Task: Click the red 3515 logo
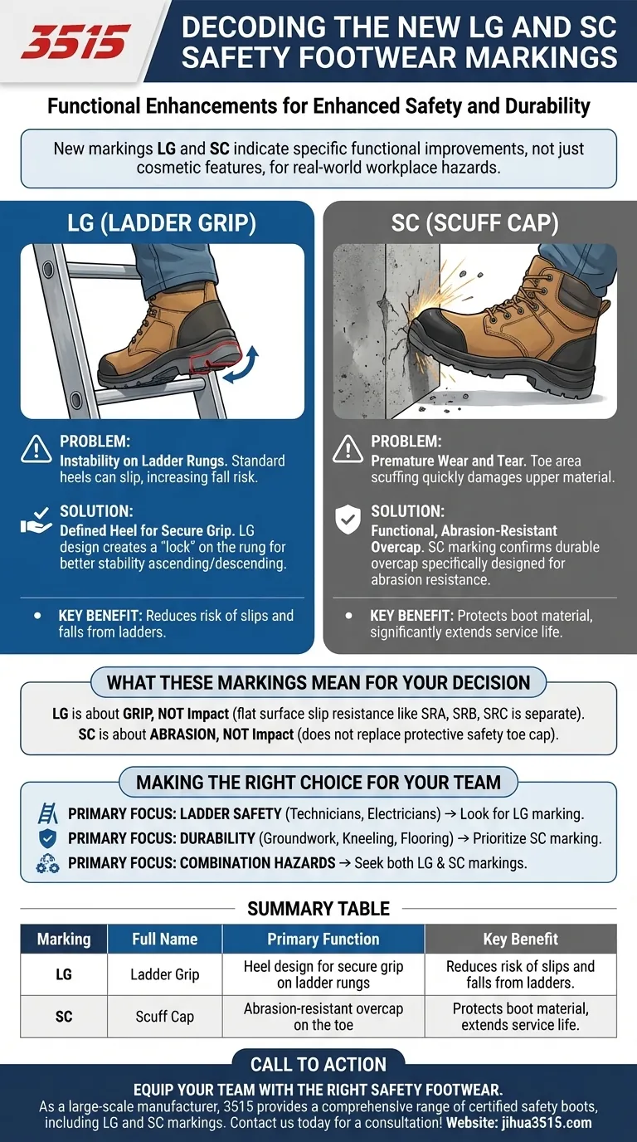pos(75,41)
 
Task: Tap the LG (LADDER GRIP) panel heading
pos(162,223)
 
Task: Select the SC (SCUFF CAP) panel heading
pos(475,223)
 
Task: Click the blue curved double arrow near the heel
pos(242,364)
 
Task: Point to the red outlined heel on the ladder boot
pos(214,357)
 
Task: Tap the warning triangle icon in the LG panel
pos(36,450)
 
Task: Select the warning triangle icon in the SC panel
pos(348,450)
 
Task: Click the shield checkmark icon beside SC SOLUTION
pos(348,520)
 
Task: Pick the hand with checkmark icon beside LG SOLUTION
pos(36,520)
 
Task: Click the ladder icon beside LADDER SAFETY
pos(48,813)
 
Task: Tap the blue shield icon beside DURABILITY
pos(47,837)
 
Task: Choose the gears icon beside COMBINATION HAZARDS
pos(47,863)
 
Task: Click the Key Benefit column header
pos(520,939)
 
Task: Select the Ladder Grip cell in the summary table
pos(164,974)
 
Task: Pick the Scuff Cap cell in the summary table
pos(164,1017)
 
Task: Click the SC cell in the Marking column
pos(64,1017)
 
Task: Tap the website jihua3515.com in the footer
pos(518,1123)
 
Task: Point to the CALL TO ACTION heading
pos(318,1065)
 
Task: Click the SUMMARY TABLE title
pos(318,909)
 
